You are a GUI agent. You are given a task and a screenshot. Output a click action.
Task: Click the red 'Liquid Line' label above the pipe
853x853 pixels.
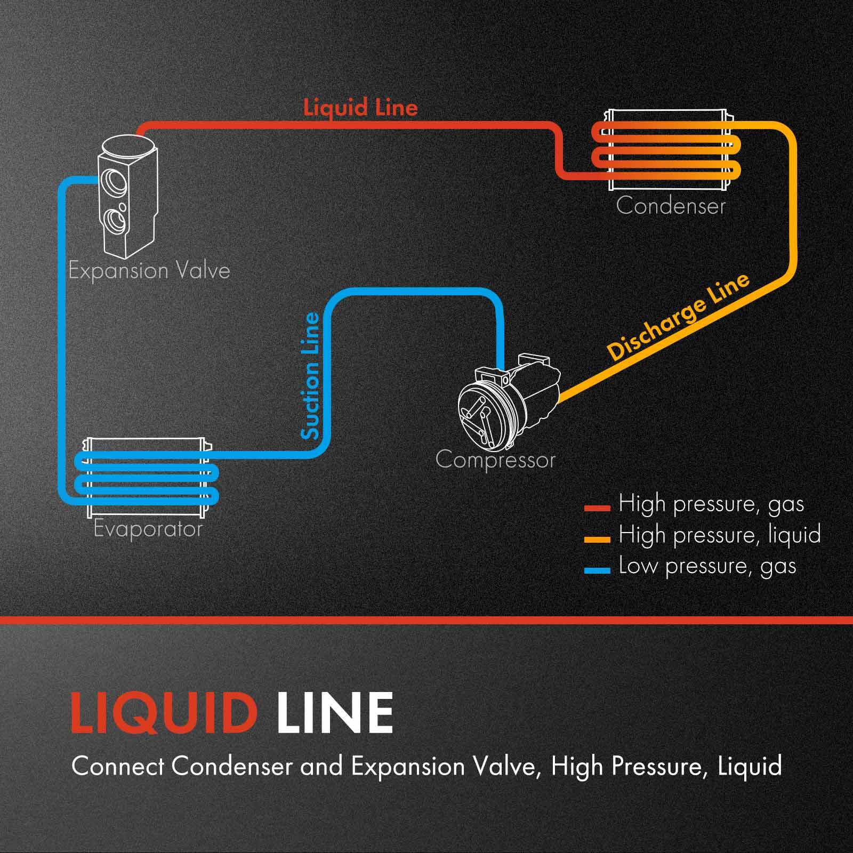[360, 108]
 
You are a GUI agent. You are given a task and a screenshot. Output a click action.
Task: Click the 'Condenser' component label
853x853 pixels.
[671, 206]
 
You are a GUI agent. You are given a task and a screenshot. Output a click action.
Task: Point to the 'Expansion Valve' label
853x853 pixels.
[149, 271]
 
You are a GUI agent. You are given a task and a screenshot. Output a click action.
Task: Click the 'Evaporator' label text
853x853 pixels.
[148, 529]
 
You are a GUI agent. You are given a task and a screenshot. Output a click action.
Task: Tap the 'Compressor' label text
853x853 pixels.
[495, 460]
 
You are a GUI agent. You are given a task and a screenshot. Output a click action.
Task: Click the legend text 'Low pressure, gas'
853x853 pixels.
[707, 566]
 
